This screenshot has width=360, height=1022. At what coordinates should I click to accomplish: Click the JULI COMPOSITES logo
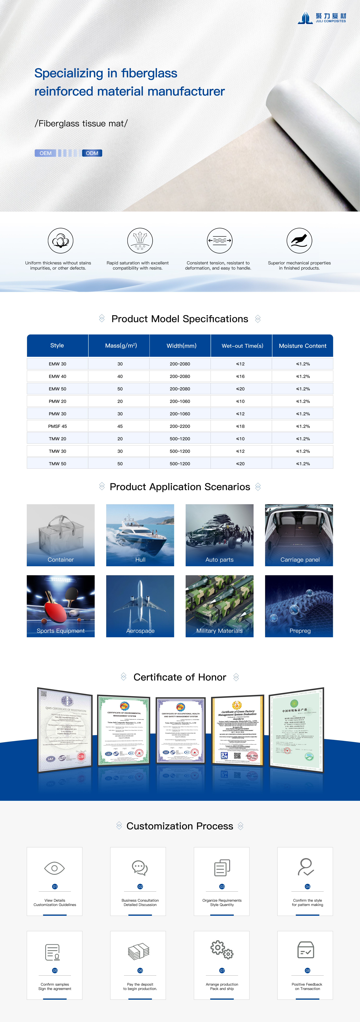pos(322,18)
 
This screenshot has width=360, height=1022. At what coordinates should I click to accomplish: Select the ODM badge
pos(92,153)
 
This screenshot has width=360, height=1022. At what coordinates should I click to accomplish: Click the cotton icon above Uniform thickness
pos(60,240)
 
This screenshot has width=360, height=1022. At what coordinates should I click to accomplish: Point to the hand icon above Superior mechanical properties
pos(299,240)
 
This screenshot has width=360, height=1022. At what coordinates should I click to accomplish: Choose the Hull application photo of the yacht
pos(140,532)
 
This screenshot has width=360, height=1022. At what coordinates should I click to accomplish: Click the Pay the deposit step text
pos(140,986)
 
